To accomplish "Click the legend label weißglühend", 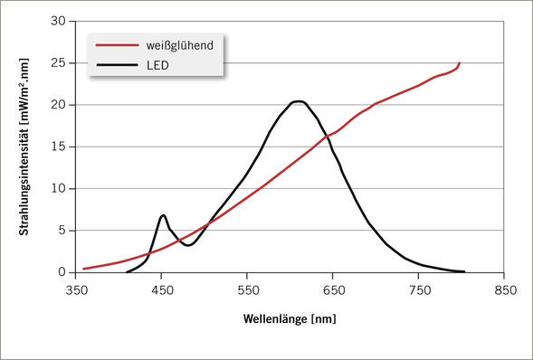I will tap(179, 44).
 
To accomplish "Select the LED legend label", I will tap(158, 65).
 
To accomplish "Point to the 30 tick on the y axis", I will tap(57, 21).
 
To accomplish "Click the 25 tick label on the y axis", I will tap(57, 63).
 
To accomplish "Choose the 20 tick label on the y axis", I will tap(57, 105).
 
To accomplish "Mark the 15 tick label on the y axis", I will tap(57, 147).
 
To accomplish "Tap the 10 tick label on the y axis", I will tap(57, 189).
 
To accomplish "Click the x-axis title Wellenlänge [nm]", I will tap(293, 319).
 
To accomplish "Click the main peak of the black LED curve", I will tap(298, 101).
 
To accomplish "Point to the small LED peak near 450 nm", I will tap(163, 215).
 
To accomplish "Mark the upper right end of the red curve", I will tap(460, 63).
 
